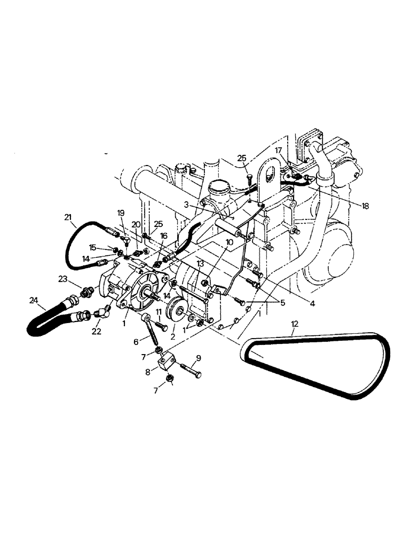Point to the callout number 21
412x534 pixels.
point(67,216)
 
